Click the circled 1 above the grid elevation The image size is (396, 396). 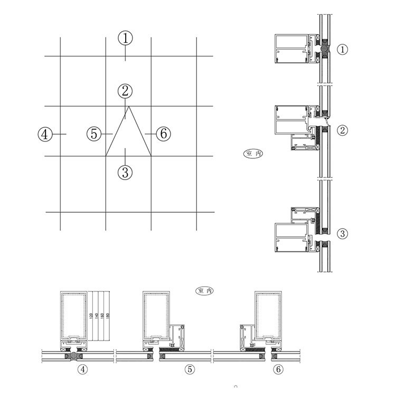(125, 38)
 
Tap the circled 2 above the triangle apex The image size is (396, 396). (125, 90)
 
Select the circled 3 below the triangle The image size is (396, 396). (125, 172)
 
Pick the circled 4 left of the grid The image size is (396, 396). (45, 134)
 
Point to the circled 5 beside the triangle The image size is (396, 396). (94, 134)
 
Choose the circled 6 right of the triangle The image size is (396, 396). (164, 134)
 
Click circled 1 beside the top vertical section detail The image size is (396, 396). (343, 50)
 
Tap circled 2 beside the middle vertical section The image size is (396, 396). (343, 129)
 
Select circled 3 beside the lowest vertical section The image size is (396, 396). (343, 233)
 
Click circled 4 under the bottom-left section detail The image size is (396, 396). (82, 369)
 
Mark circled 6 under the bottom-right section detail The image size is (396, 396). (278, 369)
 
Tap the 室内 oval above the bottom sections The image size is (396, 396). (204, 291)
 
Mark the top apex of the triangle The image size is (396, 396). (128, 107)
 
